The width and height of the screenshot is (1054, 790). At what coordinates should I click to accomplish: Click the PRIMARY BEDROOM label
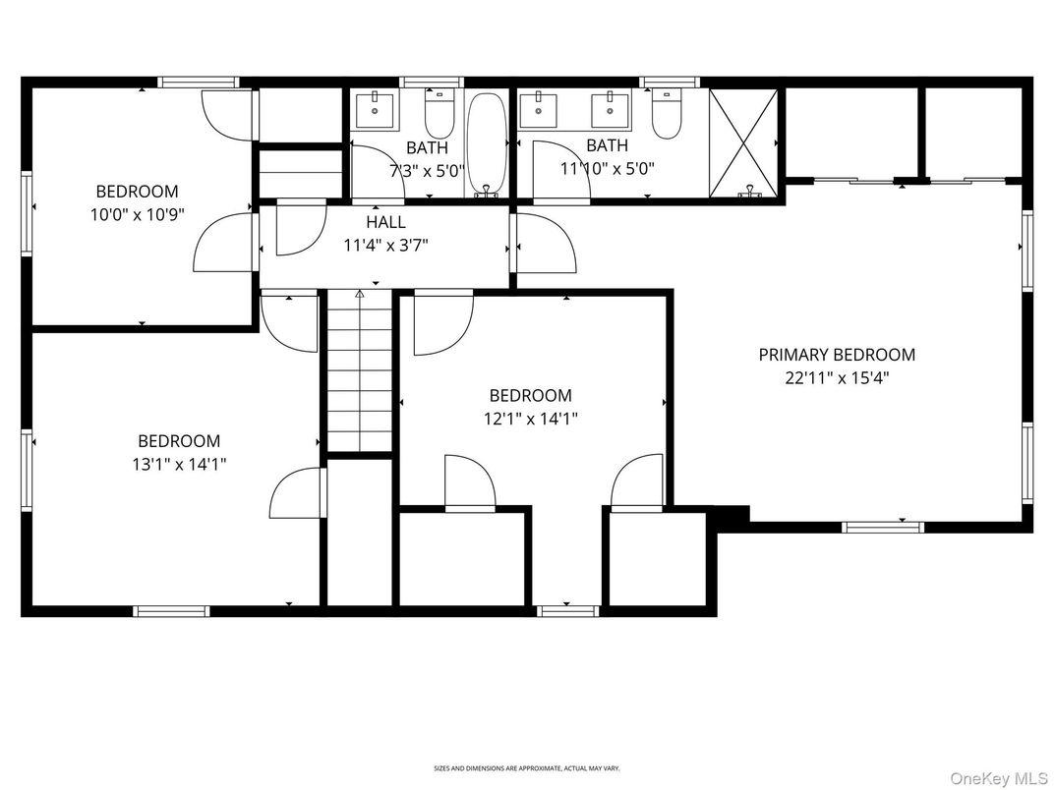[x=836, y=355]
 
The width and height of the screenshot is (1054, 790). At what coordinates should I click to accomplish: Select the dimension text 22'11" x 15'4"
[x=836, y=377]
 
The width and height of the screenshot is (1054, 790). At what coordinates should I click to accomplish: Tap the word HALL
[x=385, y=223]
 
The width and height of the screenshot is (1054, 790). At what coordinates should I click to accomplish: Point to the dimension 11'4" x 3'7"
[x=385, y=245]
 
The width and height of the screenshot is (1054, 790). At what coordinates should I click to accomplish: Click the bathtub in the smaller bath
[x=486, y=143]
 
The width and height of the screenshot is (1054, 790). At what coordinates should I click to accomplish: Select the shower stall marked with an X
[x=745, y=143]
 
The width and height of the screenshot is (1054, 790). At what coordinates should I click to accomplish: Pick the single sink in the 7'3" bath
[x=376, y=111]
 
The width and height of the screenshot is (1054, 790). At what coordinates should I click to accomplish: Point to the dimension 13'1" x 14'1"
[x=179, y=464]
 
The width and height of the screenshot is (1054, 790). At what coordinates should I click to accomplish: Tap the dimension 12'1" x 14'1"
[x=530, y=419]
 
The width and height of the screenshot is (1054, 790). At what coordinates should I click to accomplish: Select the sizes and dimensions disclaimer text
[x=527, y=768]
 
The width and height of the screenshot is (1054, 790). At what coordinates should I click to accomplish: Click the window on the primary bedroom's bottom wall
[x=883, y=527]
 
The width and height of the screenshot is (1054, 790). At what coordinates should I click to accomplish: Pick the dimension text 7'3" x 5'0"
[x=426, y=168]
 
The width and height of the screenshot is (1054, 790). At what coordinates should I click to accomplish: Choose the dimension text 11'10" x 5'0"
[x=607, y=168]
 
